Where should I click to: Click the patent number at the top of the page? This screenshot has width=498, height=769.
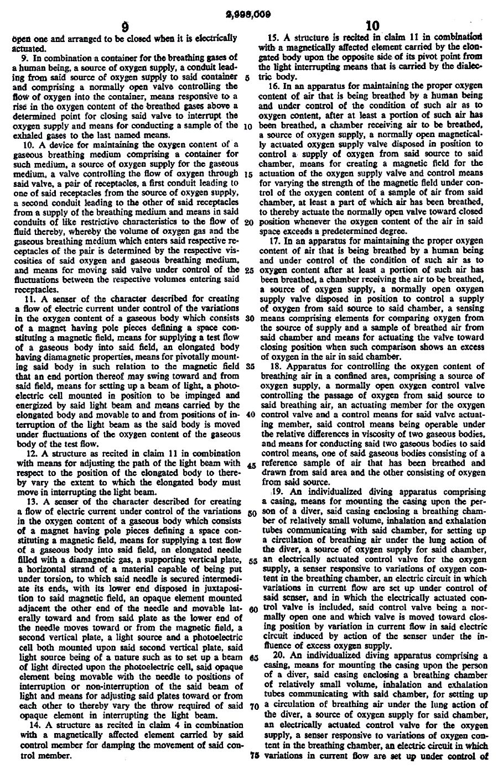coord(248,15)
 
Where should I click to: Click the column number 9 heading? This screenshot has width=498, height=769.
coord(126,27)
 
